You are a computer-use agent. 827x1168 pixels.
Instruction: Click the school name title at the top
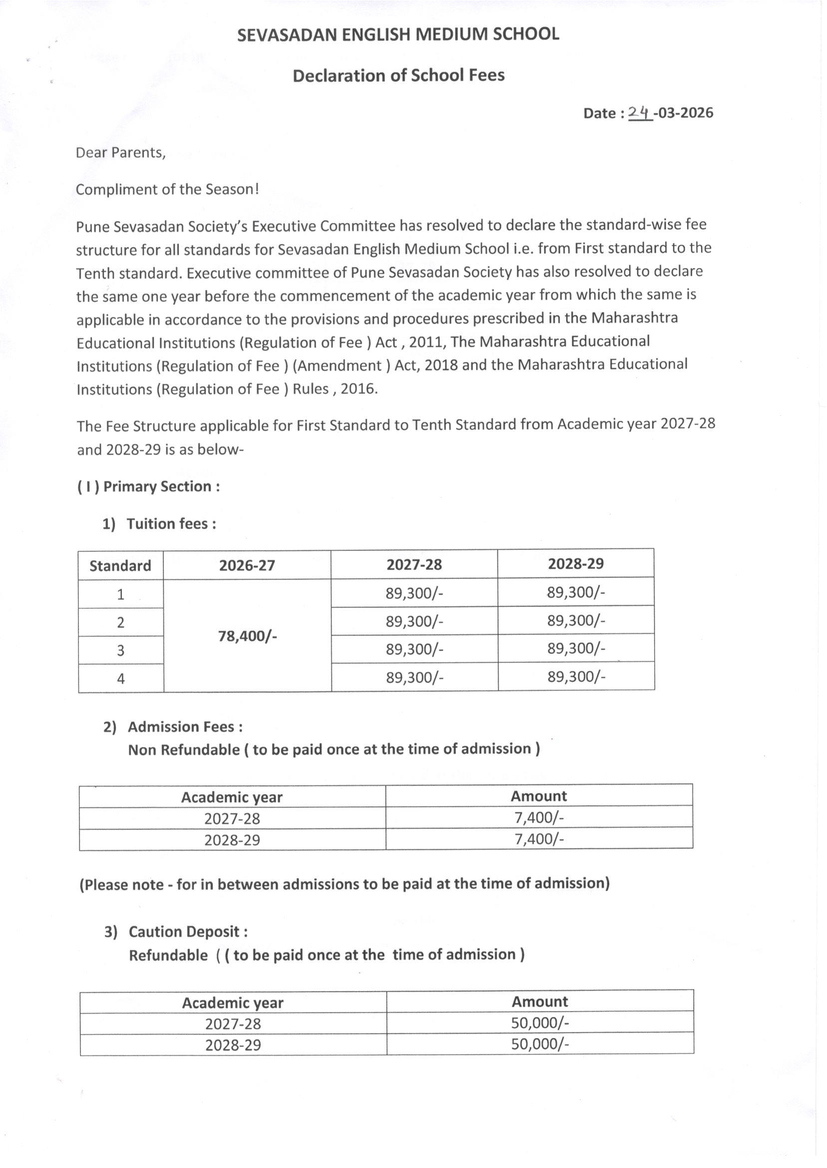(x=398, y=34)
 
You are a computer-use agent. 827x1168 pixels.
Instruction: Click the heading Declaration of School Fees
(x=398, y=75)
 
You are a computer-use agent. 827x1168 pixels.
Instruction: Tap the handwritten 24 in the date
(x=640, y=112)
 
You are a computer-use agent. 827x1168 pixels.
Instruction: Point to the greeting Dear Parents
(x=121, y=153)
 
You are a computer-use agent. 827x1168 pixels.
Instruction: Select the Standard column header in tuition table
(x=120, y=566)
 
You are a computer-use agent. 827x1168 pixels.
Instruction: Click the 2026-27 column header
(x=247, y=565)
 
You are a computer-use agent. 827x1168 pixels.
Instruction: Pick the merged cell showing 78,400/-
(x=248, y=636)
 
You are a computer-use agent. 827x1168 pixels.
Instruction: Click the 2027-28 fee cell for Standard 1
(x=414, y=593)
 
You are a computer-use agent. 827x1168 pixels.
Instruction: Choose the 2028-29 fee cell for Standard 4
(x=576, y=677)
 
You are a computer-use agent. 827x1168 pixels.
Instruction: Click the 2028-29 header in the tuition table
(x=575, y=564)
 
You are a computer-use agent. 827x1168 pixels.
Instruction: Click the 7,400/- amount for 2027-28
(x=539, y=818)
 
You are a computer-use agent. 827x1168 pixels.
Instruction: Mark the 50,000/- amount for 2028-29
(x=540, y=1044)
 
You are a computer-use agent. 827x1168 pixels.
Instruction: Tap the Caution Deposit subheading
(x=188, y=932)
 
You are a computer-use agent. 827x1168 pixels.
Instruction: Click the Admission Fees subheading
(x=185, y=727)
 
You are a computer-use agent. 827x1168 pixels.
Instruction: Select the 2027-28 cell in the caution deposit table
(x=233, y=1023)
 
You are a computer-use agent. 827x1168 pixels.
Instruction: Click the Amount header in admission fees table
(x=539, y=796)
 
